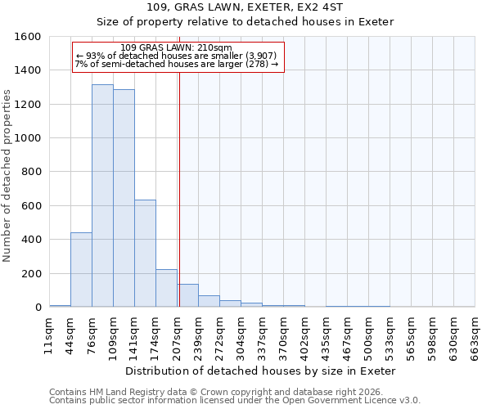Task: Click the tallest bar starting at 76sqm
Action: tap(102, 196)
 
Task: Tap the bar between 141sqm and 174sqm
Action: tap(145, 254)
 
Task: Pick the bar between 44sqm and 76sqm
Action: tap(81, 270)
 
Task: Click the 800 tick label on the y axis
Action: tap(31, 173)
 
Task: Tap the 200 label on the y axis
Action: tap(31, 274)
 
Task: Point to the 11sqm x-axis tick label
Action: tap(49, 335)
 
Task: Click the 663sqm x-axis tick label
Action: tap(475, 335)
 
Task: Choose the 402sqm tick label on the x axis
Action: tap(305, 335)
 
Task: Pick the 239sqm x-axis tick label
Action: tap(199, 335)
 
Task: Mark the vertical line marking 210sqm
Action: tap(179, 188)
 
